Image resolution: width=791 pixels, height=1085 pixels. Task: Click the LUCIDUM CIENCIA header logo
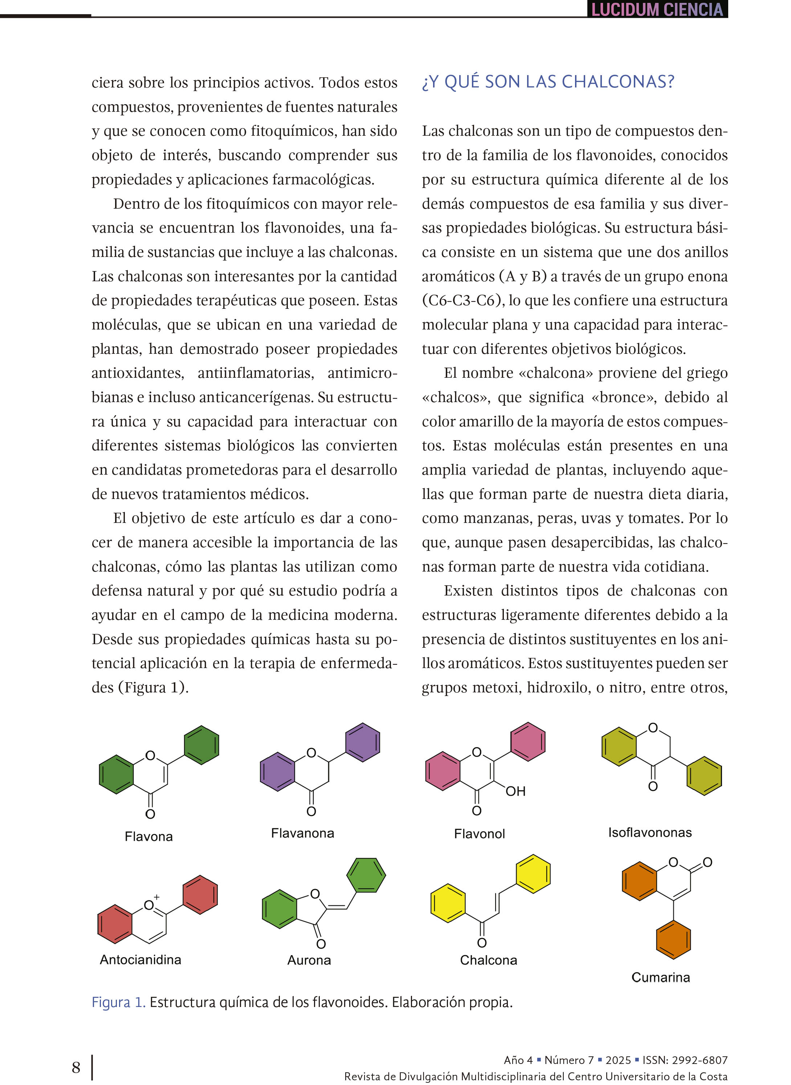click(657, 9)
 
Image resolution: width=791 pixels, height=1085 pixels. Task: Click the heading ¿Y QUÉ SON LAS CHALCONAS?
click(548, 82)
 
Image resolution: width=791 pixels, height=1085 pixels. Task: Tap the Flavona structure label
click(148, 836)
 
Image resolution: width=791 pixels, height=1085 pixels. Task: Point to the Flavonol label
click(479, 834)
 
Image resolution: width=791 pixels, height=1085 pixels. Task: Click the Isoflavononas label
click(650, 832)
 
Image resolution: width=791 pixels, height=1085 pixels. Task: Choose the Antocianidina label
click(140, 959)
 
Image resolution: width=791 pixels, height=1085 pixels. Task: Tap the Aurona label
click(309, 960)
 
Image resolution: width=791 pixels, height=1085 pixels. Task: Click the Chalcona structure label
click(488, 960)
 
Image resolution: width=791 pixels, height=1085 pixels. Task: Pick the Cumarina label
click(660, 977)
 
